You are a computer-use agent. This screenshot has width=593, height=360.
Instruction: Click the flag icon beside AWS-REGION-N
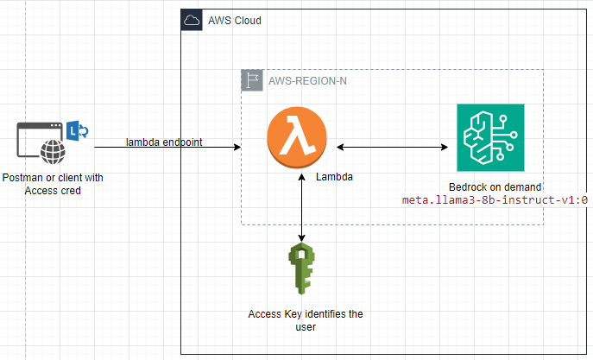pos(250,80)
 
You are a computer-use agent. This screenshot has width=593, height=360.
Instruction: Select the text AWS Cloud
pos(235,21)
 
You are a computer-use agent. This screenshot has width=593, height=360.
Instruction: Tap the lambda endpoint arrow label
pos(164,142)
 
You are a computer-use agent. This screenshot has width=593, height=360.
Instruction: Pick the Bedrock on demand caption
pos(495,186)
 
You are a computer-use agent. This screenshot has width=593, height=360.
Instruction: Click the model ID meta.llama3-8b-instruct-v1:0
pos(495,199)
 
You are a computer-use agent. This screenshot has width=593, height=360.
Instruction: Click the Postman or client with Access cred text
pos(52,184)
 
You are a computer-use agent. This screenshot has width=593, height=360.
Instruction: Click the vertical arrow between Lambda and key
pos(301,207)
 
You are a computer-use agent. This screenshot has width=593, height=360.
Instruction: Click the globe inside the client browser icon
pos(56,154)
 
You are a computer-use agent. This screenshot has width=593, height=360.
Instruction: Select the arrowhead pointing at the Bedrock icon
pos(445,147)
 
